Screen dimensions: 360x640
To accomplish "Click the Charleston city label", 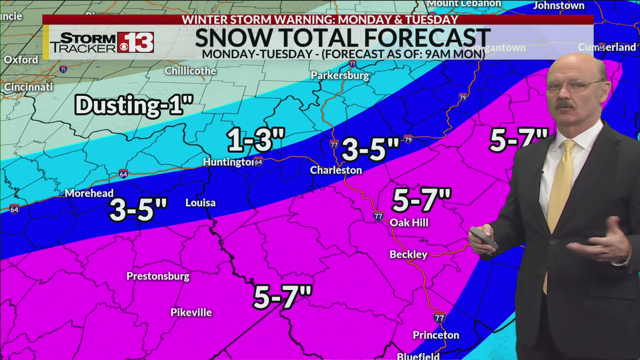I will point(336,170).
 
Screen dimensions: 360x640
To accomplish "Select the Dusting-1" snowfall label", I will point(134,105).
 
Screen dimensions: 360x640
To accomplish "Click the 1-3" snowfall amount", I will point(256,140).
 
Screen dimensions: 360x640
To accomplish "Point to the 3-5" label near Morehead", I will point(138,210).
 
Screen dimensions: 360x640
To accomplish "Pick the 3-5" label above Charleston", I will point(370,149).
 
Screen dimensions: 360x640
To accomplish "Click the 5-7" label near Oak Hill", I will point(421,200).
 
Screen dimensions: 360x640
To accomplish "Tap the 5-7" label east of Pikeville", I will point(282,297).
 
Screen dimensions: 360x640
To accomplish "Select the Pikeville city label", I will point(191,313).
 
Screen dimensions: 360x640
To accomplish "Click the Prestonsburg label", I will point(158,276).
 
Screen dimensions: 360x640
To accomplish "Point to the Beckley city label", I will point(408,255).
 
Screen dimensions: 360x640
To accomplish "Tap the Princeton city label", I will point(436,335).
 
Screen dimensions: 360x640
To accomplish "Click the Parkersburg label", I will point(340,76).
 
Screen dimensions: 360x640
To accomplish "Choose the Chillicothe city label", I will point(190,71).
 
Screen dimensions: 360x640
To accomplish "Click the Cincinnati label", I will point(28,87).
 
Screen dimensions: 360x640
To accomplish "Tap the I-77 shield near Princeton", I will point(439,318).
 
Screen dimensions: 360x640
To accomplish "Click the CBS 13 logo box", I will point(135,42).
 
